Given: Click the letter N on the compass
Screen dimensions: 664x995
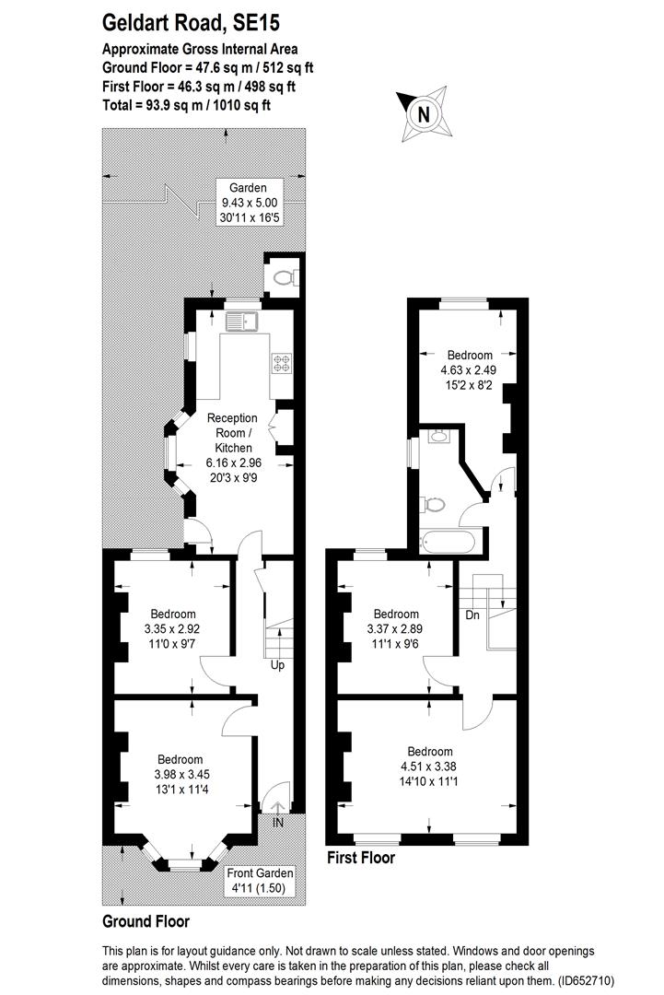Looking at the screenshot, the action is [x=423, y=114].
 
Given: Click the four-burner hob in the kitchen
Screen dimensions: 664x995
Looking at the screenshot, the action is [x=281, y=362].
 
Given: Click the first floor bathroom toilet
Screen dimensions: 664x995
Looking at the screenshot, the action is [x=433, y=505].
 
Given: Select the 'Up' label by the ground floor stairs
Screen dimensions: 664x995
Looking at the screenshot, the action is [x=277, y=665].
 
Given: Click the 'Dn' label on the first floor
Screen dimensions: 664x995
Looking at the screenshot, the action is [x=472, y=615].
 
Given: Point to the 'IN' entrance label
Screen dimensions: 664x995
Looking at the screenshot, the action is [x=278, y=823].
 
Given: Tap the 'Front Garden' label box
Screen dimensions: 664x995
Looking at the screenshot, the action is [x=260, y=881].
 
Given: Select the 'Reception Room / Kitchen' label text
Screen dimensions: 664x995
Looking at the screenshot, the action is [x=233, y=433].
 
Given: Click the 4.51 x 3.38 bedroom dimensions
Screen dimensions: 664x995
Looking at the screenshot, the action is [x=430, y=766].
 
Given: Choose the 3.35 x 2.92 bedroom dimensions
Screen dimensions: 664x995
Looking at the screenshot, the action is [x=173, y=629].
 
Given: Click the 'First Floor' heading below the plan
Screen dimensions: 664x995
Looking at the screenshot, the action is [x=361, y=858].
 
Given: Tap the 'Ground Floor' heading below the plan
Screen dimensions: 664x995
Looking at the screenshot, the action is [x=146, y=920].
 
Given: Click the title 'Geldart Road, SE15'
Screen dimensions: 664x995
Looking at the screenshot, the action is [x=191, y=23].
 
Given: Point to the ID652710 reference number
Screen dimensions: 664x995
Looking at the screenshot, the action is [x=587, y=980].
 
